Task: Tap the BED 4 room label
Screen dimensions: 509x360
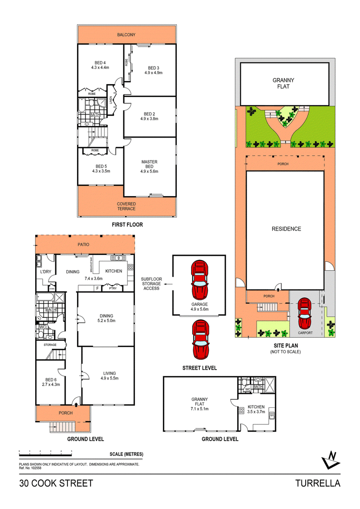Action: (x=100, y=63)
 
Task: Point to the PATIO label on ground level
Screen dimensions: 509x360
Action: (x=85, y=245)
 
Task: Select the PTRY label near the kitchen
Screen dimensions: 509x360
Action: (x=112, y=288)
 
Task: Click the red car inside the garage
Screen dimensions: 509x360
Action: (x=200, y=279)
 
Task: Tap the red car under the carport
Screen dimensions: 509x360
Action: (x=305, y=314)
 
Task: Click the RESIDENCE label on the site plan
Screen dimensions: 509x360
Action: (x=286, y=229)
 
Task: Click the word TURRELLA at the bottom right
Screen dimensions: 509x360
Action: (x=317, y=484)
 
